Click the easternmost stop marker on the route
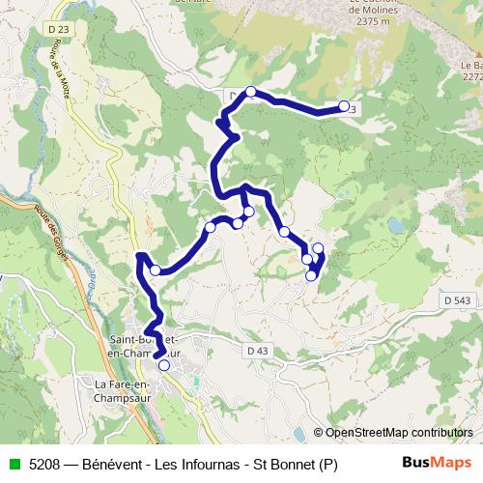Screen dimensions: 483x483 click(x=344, y=106)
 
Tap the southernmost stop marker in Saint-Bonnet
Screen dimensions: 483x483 click(x=163, y=365)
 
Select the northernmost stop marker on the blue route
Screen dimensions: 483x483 click(x=250, y=92)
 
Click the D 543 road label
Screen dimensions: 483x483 click(x=460, y=301)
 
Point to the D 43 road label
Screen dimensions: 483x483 click(x=257, y=351)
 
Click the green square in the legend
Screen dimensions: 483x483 click(x=12, y=464)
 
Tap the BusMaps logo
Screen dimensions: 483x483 click(x=437, y=464)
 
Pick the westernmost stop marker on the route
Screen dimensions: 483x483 click(x=155, y=270)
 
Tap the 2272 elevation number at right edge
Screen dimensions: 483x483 click(x=470, y=76)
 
